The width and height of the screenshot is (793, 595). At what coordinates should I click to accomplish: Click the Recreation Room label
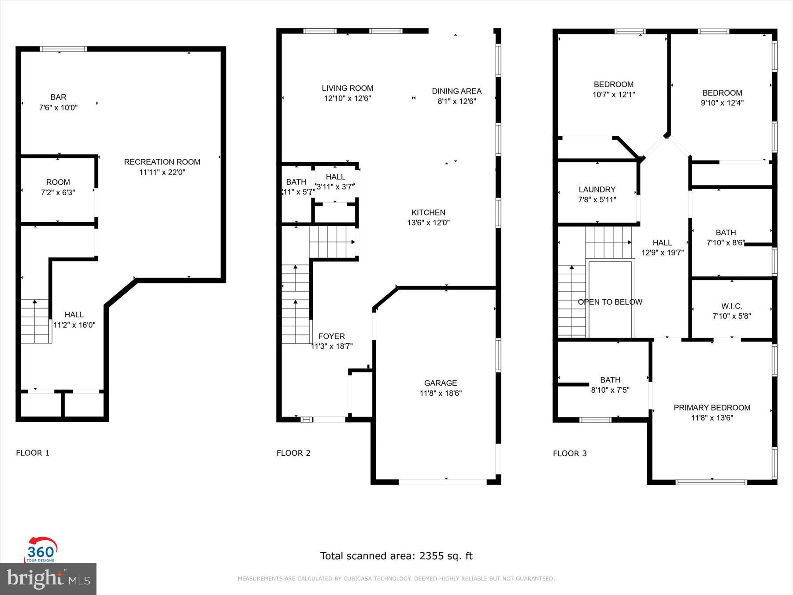(x=162, y=162)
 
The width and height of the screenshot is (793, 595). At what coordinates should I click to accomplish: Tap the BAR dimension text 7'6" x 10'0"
(x=58, y=108)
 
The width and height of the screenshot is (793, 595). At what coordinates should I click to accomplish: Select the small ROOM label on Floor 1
(x=58, y=182)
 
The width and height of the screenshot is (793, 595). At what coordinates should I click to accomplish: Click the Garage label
(x=440, y=383)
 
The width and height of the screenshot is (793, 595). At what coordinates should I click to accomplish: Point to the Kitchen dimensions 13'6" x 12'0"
(x=428, y=223)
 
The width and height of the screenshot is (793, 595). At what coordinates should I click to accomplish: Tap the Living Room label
(x=347, y=88)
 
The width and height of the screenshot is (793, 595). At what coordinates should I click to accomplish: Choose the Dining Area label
(x=456, y=91)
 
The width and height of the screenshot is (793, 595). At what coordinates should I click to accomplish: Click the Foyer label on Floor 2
(x=331, y=336)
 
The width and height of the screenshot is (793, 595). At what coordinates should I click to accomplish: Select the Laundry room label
(x=597, y=190)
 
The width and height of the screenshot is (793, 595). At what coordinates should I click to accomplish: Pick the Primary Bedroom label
(x=711, y=408)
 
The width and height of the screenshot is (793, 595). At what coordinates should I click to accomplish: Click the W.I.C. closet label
(x=731, y=306)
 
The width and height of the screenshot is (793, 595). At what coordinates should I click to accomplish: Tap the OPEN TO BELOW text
(x=610, y=302)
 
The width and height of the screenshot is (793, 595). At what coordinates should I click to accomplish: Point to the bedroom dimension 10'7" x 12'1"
(x=613, y=94)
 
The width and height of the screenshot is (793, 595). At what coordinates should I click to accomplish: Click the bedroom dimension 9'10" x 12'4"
(x=722, y=103)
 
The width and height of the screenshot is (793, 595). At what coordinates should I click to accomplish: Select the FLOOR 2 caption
(x=293, y=453)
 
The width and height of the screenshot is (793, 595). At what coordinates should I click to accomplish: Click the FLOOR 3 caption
(x=570, y=454)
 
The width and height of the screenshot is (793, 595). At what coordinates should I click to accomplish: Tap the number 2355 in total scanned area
(x=432, y=556)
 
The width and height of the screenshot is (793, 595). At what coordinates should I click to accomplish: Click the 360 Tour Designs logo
(x=41, y=550)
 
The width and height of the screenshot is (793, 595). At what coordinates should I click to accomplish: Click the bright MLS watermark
(x=48, y=579)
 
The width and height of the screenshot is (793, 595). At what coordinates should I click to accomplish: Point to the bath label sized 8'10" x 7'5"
(x=610, y=380)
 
